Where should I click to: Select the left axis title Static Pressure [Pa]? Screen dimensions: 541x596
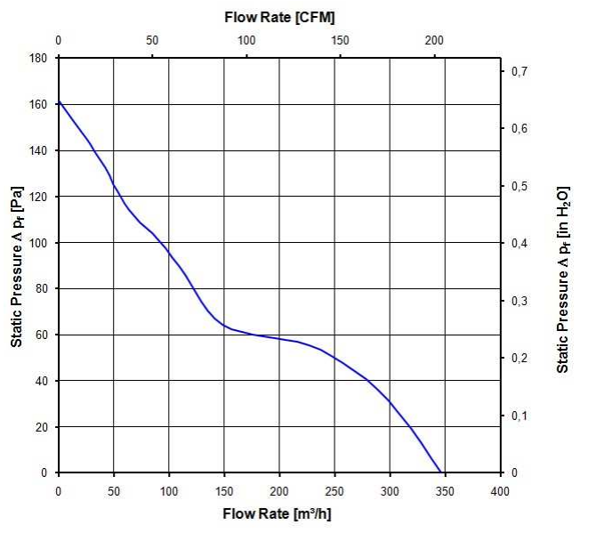[17, 265]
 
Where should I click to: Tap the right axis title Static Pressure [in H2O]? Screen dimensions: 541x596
[562, 265]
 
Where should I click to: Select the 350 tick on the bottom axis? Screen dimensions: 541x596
[444, 489]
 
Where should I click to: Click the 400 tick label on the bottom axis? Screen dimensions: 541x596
[500, 489]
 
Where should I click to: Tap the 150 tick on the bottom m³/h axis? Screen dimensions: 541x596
[224, 489]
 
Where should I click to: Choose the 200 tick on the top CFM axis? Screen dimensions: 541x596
[434, 41]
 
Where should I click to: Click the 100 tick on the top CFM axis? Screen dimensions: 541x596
[246, 41]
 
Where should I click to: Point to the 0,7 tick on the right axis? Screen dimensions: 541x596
[518, 71]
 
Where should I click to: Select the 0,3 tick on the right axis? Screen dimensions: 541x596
[518, 301]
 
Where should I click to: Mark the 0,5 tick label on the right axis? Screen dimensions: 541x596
[518, 186]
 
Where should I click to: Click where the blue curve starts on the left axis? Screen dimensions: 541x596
[59, 101]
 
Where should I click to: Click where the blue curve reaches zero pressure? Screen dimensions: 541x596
[440, 472]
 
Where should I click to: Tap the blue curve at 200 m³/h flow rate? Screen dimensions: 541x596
[279, 338]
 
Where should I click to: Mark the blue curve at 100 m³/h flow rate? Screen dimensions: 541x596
[169, 251]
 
